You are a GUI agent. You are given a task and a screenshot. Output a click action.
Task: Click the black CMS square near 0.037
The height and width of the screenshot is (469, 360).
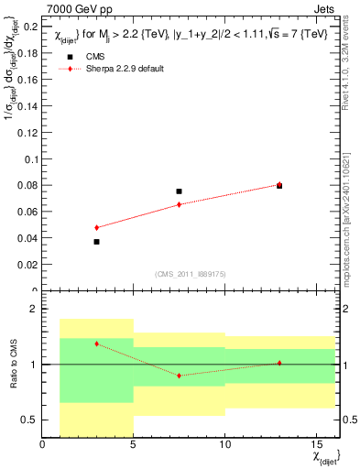pos(96,242)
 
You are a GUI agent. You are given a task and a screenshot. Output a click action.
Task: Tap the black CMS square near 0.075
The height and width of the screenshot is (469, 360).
pos(179,191)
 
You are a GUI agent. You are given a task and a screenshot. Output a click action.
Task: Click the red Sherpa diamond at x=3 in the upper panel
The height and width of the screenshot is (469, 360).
pos(96,227)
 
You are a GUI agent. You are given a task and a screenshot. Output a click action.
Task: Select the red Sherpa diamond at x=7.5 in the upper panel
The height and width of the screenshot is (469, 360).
pos(179,204)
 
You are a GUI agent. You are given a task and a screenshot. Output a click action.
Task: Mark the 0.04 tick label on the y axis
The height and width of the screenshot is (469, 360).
pos(27,238)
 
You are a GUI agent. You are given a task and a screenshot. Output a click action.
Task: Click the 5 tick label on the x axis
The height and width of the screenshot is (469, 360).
pos(133,446)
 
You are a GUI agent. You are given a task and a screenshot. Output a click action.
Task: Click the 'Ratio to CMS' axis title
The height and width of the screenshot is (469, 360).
pos(12,365)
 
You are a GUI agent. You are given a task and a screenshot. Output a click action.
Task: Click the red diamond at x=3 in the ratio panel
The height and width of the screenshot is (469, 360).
pos(96,344)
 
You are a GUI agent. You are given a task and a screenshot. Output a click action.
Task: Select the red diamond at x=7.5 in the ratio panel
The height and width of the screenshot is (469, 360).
pos(179,376)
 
